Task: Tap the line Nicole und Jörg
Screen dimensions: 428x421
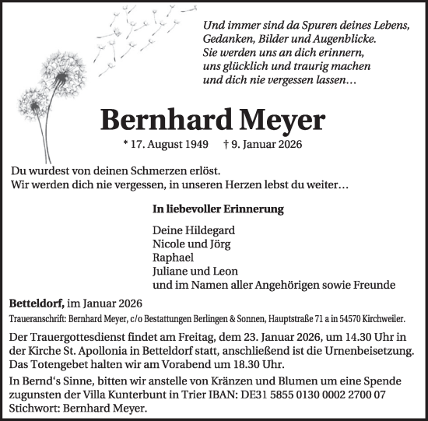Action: pos(192,244)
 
